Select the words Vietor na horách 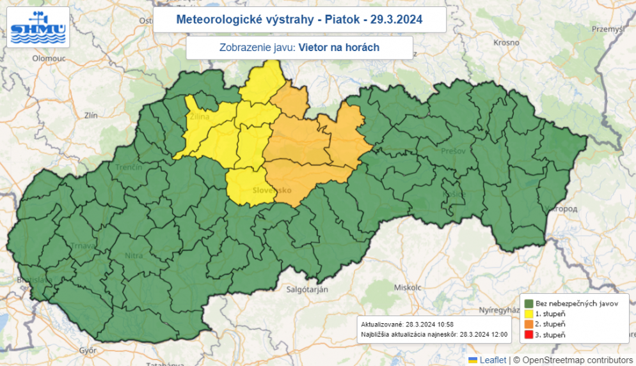(x=339, y=47)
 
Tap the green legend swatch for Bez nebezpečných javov (x=529, y=303)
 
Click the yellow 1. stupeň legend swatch (x=529, y=314)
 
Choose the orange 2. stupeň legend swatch (x=529, y=324)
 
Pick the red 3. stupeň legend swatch (x=529, y=335)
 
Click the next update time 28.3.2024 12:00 (x=478, y=334)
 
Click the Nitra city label (x=134, y=255)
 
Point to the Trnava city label (x=84, y=246)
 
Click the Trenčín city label (x=129, y=167)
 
